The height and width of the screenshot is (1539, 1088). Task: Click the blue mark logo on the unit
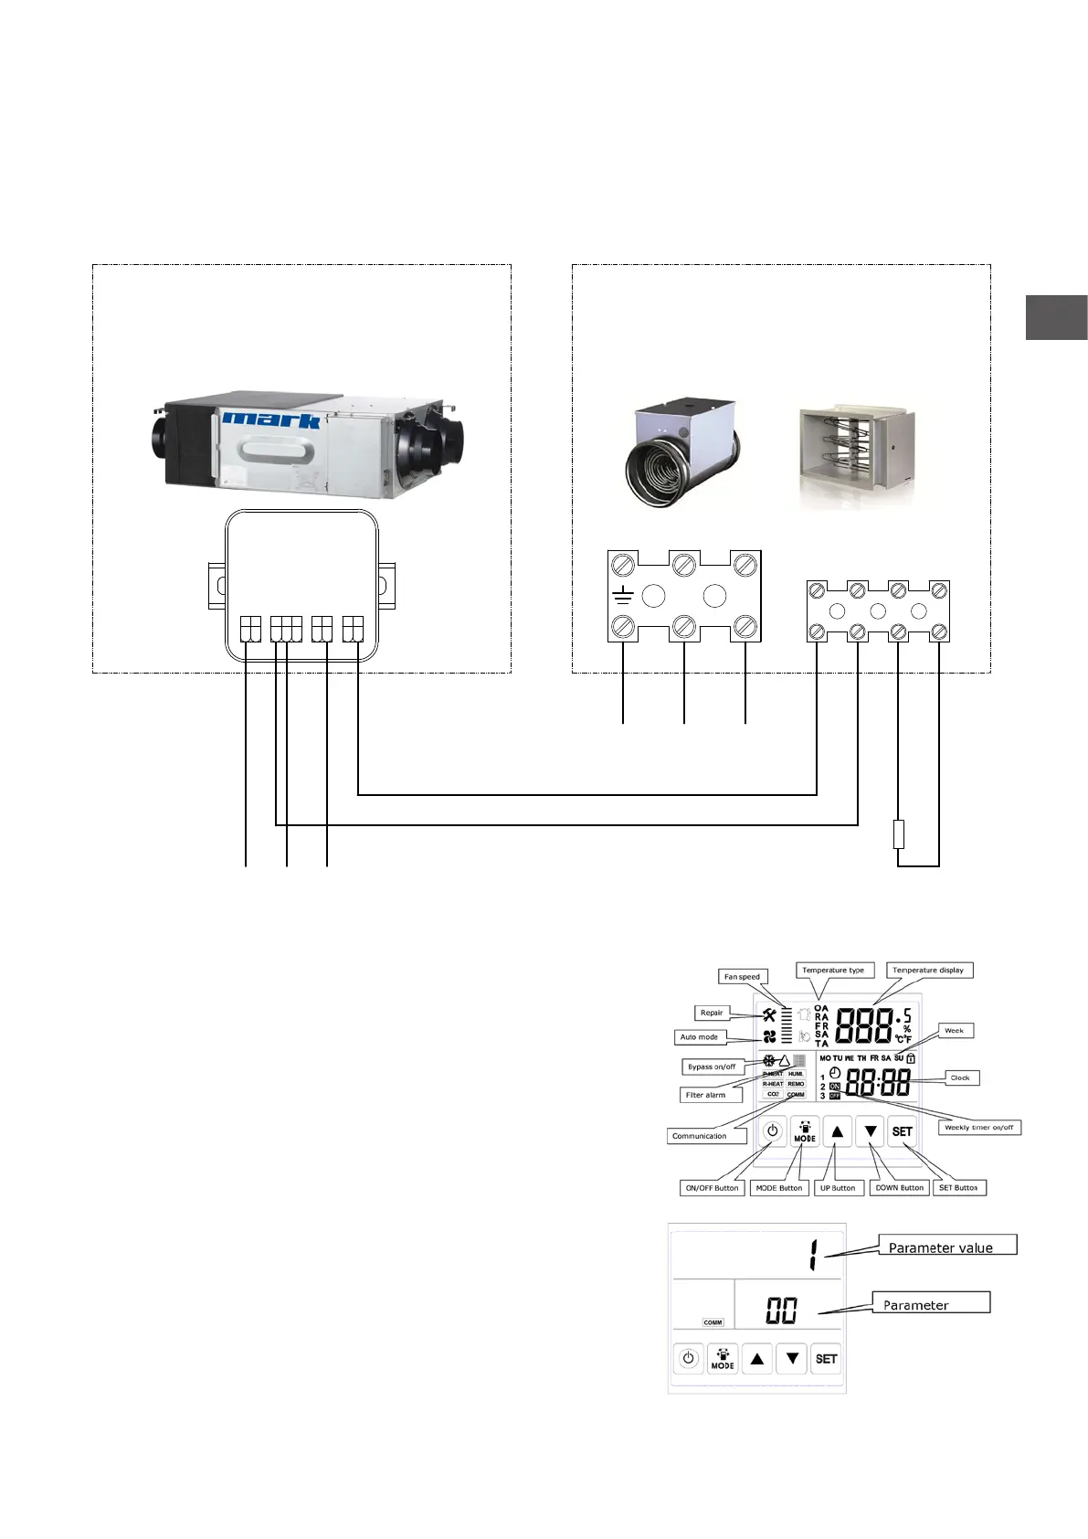coord(271,420)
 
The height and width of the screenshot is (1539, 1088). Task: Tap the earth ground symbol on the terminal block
coord(623,598)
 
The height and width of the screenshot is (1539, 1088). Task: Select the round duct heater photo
coord(681,451)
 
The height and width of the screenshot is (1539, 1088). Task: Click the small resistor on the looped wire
coord(899,834)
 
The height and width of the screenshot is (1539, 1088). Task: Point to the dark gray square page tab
coord(1056,317)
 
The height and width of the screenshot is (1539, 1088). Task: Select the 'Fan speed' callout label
coord(742,977)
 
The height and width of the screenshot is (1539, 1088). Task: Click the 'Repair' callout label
coord(712,1013)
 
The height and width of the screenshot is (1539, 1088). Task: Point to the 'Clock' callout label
coord(960,1078)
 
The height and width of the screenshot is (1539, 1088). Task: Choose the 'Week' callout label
coord(954,1031)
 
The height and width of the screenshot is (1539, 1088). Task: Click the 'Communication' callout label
coord(700,1136)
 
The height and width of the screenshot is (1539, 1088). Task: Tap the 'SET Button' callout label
coord(958,1188)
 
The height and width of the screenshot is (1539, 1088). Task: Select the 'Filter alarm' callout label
coord(706,1095)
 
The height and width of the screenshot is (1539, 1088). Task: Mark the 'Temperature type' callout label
coord(833,971)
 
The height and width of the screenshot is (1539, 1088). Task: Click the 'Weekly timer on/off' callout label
coord(979,1128)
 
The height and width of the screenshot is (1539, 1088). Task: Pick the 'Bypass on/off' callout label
coord(712,1067)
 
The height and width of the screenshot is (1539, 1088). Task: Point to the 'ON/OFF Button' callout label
coord(713,1188)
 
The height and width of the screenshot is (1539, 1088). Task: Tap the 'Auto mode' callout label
coord(700,1037)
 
